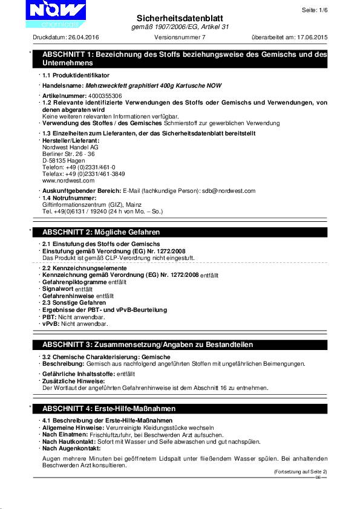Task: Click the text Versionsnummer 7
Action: (180, 37)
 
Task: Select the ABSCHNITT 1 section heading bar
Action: (182, 59)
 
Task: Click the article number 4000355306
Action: (105, 96)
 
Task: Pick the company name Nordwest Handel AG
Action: (70, 147)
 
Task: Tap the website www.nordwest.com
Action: (68, 180)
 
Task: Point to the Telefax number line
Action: (84, 173)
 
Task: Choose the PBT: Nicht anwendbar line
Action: (73, 317)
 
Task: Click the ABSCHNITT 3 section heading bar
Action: (182, 344)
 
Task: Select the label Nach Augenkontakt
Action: (71, 449)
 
